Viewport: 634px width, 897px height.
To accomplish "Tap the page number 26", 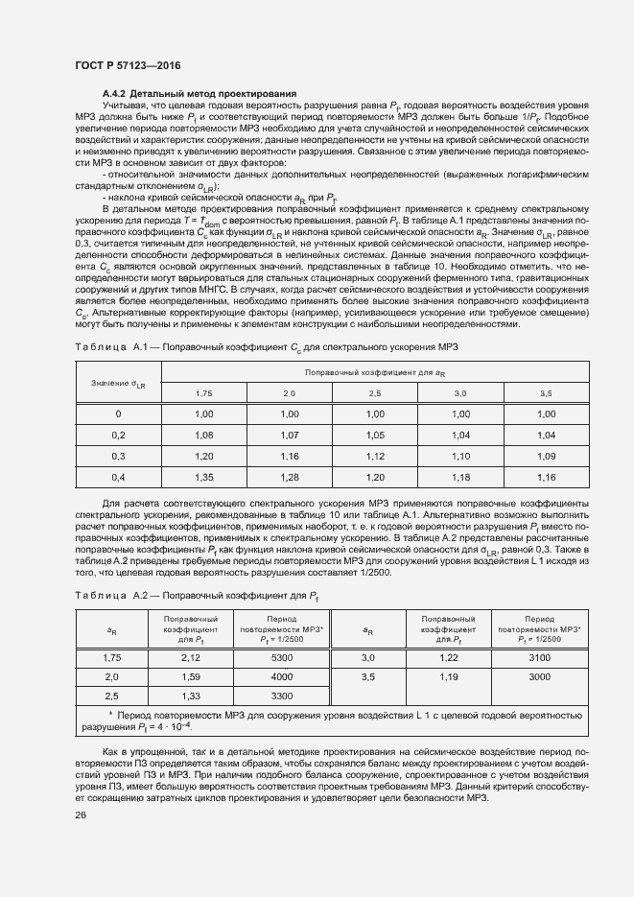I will coord(81,815).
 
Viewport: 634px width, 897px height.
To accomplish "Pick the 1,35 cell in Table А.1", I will coord(204,477).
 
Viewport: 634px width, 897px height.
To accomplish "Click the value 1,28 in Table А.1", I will coord(290,477).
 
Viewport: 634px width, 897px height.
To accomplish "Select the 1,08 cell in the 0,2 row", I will coord(204,435).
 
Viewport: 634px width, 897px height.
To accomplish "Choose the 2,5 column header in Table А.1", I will coord(375,394).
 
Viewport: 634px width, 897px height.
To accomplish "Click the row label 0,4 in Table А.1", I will coord(118,477).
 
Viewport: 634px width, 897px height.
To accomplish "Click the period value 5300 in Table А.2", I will coord(282,658).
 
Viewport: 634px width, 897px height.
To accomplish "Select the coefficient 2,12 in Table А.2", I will coord(191,658).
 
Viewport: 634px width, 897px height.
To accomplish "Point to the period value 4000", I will coord(282,676).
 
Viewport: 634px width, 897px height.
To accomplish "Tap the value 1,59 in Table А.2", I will coord(191,676).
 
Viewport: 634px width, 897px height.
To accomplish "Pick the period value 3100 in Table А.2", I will coord(540,658).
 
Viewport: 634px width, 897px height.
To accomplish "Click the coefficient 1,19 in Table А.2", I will coord(449,676).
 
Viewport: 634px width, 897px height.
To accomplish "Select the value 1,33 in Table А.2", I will coord(191,696).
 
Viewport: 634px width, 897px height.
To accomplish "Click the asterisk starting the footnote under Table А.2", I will coord(111,716).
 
